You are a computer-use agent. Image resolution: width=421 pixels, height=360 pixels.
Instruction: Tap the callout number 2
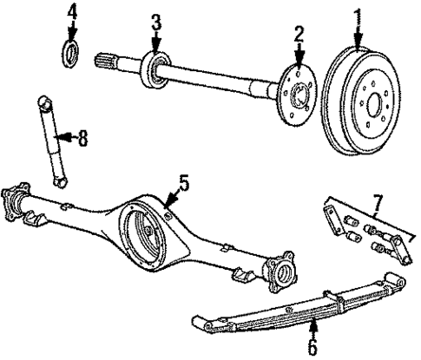(x=299, y=36)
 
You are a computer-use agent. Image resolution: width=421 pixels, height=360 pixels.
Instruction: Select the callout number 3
(x=155, y=23)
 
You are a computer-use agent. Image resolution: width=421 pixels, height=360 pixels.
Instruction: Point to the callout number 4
(x=73, y=13)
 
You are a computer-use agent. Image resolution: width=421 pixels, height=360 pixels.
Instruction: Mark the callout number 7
(x=377, y=205)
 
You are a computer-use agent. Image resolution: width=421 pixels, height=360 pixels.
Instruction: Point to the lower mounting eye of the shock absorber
(x=58, y=183)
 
